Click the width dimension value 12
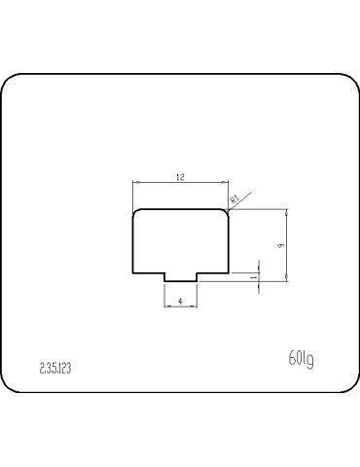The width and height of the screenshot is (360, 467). [180, 177]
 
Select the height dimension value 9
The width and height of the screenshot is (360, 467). [279, 246]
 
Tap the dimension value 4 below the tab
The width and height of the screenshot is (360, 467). [181, 302]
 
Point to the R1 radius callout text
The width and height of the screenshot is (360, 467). [234, 199]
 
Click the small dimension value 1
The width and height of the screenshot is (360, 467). [253, 277]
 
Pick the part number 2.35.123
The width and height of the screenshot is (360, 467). [55, 369]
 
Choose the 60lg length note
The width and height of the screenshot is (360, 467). [301, 360]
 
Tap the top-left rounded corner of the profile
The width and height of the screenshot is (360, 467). [136, 211]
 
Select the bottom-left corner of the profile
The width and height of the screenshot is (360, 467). [133, 273]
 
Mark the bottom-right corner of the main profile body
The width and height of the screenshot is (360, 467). [229, 273]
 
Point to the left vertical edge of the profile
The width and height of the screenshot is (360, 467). [133, 243]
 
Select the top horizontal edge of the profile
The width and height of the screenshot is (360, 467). [181, 208]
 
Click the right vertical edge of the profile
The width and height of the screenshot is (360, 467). [229, 243]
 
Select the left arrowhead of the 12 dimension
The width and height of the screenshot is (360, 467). [136, 182]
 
